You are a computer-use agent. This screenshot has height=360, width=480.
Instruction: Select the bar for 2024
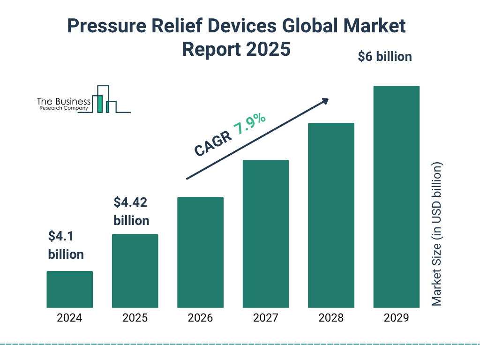coord(69,289)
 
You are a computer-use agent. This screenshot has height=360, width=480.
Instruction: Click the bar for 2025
coord(135,271)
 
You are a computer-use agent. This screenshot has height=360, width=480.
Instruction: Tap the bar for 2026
coord(200,252)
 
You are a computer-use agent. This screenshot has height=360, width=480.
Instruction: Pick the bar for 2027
coord(265,234)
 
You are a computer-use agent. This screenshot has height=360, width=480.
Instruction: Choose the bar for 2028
coord(331,215)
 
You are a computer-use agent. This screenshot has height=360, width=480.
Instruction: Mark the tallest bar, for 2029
coord(396,197)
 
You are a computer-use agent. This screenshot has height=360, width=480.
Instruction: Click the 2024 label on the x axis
coord(69,318)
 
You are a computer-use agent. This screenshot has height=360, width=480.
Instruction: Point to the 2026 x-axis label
coord(200,318)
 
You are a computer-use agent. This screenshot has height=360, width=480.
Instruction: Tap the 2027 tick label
coord(265,318)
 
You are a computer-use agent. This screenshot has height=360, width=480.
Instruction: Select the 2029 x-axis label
coord(396,318)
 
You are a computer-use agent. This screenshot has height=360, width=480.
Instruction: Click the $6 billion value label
coord(385,57)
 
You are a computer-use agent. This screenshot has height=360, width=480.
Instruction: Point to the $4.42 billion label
coord(132,211)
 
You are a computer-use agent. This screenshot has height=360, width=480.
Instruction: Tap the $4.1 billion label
coord(66,245)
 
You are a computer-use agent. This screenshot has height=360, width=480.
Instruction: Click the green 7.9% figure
coord(250,125)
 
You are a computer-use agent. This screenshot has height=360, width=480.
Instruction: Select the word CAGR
coord(212,144)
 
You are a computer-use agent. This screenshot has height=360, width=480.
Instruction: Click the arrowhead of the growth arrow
coord(325,101)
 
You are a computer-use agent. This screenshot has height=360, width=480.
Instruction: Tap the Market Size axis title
coord(437,234)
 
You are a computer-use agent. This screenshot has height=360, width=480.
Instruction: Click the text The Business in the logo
coord(64,102)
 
